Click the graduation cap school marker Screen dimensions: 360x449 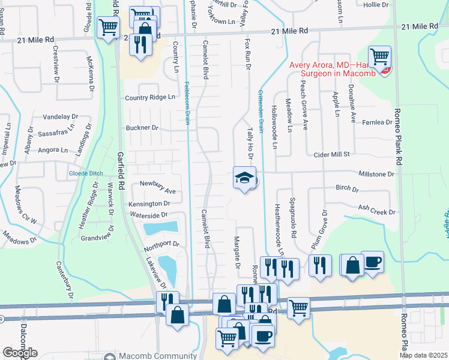(244, 178)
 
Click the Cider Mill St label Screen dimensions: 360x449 (331, 154)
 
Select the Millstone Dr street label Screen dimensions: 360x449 (375, 174)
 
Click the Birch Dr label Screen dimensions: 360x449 (347, 189)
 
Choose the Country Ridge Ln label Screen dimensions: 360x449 (150, 98)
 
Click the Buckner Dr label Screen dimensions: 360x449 (142, 128)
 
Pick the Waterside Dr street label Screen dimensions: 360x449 (146, 215)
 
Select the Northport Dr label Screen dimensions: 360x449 (161, 244)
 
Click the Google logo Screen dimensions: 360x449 (20, 353)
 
